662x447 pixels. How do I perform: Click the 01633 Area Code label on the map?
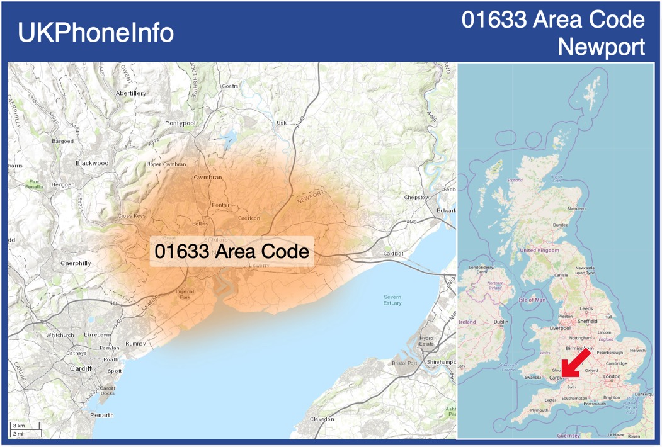tap(232, 252)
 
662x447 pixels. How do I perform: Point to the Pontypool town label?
tap(181, 123)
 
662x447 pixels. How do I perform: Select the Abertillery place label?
tap(131, 93)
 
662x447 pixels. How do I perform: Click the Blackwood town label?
tap(92, 163)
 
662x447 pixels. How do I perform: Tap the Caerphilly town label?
tap(76, 263)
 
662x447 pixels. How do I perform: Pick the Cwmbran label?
tap(208, 178)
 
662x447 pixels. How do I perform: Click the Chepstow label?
tap(416, 197)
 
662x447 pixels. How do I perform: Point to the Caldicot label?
tap(393, 254)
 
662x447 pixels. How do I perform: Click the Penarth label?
tap(101, 415)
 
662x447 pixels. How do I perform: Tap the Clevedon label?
tap(322, 419)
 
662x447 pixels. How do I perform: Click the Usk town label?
tap(282, 122)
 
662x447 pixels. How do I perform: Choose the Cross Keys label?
tap(132, 216)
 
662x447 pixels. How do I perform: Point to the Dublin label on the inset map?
tap(501, 322)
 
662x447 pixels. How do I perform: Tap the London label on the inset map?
tap(612, 376)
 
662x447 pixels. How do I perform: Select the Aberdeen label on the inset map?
tap(576, 208)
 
